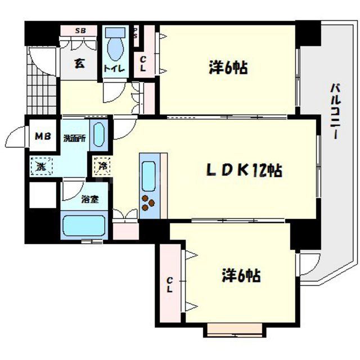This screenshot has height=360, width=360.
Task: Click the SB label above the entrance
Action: pos(81,30)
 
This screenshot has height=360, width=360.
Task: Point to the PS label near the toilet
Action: pos(136,33)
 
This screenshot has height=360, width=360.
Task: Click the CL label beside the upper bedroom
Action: pos(143,64)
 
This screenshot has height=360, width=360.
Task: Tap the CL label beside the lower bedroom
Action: pos(169,285)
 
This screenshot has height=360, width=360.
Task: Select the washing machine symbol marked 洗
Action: pos(41,166)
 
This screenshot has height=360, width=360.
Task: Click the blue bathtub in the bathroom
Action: pos(83,227)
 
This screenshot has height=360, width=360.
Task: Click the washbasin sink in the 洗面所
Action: pos(98,136)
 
